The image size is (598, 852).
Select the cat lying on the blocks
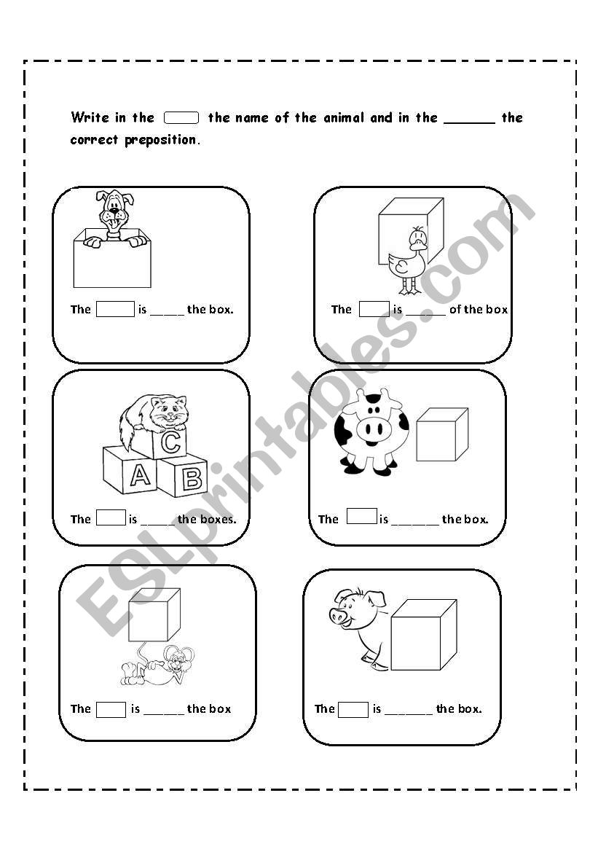pyautogui.click(x=157, y=416)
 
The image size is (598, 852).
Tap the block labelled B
pyautogui.click(x=184, y=475)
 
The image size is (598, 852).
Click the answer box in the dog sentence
pyautogui.click(x=116, y=309)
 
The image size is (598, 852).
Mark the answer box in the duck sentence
pyautogui.click(x=374, y=309)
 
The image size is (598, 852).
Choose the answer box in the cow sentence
pyautogui.click(x=362, y=517)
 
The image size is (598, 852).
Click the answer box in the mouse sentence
pyautogui.click(x=111, y=709)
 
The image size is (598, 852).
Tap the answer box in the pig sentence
pyautogui.click(x=353, y=709)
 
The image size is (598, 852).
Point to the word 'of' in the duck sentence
pyautogui.click(x=455, y=310)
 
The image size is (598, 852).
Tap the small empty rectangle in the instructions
pyautogui.click(x=181, y=117)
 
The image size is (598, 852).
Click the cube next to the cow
pyautogui.click(x=441, y=434)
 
